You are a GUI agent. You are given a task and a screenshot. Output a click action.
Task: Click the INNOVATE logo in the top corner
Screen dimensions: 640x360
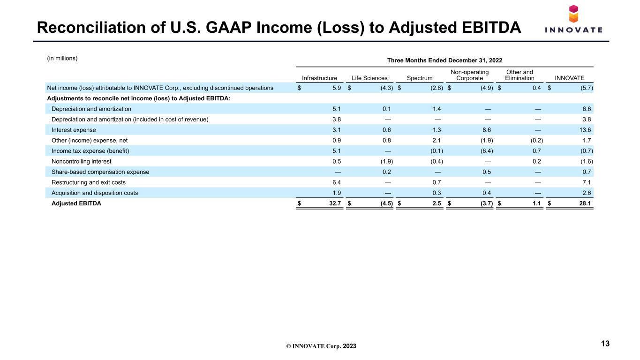coord(573,19)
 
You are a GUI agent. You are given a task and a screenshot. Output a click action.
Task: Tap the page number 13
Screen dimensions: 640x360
coord(605,344)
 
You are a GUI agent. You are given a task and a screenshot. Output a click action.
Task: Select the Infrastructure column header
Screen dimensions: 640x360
coord(319,78)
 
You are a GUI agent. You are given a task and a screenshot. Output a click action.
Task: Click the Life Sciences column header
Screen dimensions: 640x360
coord(369,78)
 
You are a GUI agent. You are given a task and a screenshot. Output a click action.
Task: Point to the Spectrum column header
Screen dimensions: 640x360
coord(420,78)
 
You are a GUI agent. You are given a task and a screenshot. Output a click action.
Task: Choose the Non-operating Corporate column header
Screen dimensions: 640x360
coord(469,75)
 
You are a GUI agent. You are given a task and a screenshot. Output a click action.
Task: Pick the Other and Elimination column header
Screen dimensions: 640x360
coord(520,75)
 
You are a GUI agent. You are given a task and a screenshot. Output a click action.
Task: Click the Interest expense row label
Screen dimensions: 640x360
coord(74,130)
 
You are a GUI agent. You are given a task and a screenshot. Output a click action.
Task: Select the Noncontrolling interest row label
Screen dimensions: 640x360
coord(82,161)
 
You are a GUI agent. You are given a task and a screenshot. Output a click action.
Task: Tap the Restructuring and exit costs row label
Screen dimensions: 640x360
coord(89,182)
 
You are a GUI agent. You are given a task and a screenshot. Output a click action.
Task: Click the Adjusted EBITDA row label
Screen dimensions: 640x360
coord(76,203)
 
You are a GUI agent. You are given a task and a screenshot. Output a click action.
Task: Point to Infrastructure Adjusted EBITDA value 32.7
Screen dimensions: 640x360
coord(335,203)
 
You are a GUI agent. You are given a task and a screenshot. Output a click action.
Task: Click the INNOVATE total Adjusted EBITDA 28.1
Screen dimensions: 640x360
coord(585,203)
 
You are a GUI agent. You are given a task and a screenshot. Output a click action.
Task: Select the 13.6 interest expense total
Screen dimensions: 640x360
coord(585,130)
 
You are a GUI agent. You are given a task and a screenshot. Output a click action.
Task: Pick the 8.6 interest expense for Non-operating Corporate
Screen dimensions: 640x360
coord(487,130)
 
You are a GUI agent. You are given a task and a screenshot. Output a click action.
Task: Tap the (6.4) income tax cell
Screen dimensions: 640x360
coord(487,151)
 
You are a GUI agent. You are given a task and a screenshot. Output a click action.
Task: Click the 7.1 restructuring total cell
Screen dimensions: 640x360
coord(587,182)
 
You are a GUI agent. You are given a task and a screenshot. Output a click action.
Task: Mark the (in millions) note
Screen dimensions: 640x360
coord(62,58)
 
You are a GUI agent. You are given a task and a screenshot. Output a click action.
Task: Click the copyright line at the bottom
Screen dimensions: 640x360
coord(321,346)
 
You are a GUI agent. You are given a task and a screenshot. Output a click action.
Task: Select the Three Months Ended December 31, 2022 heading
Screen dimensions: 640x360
coord(444,60)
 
